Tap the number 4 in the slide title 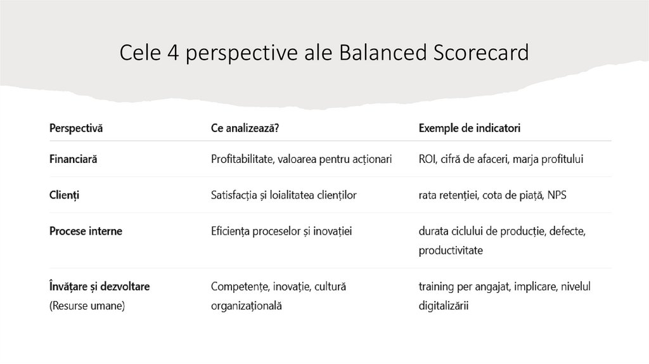click(173, 53)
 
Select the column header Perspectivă click(76, 129)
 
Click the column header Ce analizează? click(245, 129)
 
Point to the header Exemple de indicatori click(470, 129)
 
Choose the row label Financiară click(74, 159)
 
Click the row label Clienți click(65, 195)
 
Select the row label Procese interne click(86, 231)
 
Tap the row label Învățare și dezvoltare click(100, 287)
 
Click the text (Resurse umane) click(87, 306)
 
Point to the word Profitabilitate click(241, 159)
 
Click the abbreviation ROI click(427, 159)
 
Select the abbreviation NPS click(557, 195)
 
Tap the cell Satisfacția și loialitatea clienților click(283, 195)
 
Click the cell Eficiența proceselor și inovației click(281, 231)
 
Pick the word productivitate click(451, 250)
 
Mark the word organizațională click(247, 306)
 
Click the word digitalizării click(444, 306)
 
